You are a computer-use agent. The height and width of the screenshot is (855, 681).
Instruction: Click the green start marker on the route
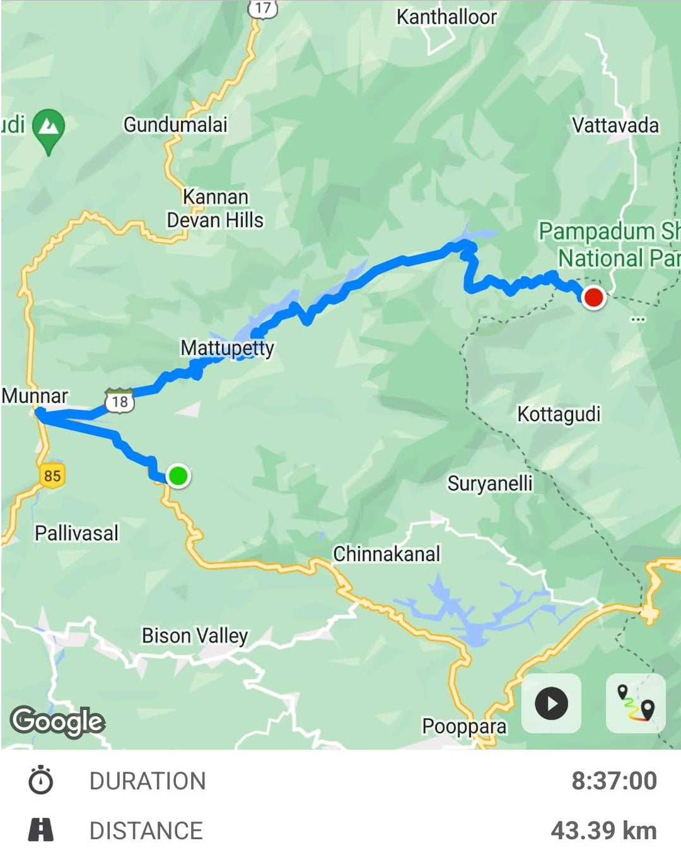click(x=178, y=475)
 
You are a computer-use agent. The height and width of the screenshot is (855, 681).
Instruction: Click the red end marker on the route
click(x=593, y=297)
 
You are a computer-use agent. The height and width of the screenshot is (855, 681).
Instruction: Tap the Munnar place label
click(x=35, y=396)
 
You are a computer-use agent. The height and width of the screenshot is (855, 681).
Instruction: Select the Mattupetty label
click(x=227, y=348)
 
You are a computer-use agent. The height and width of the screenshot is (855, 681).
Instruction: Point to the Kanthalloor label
click(x=446, y=17)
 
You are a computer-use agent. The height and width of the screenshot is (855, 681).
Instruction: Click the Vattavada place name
click(x=615, y=125)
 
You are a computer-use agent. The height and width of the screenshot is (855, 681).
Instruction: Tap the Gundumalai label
click(x=175, y=125)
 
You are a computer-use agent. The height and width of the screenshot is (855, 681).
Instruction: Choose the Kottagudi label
click(x=559, y=414)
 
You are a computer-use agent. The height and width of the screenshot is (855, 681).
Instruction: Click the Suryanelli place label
click(x=490, y=484)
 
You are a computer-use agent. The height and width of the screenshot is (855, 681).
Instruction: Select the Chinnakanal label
click(x=387, y=554)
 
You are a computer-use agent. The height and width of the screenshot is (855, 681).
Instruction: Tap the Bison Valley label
click(x=195, y=636)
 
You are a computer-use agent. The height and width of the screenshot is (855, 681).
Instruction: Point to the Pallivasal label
click(x=76, y=533)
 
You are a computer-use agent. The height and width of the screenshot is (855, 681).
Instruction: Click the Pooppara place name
click(x=464, y=726)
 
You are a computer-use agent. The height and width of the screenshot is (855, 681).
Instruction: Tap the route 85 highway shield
click(x=52, y=475)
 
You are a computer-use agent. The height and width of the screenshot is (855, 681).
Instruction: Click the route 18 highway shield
click(x=120, y=401)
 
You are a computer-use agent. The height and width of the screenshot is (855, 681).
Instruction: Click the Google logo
click(x=57, y=721)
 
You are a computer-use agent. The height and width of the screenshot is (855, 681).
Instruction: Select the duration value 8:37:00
click(x=614, y=781)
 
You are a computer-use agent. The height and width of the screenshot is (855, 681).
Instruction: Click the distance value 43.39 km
click(x=603, y=830)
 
